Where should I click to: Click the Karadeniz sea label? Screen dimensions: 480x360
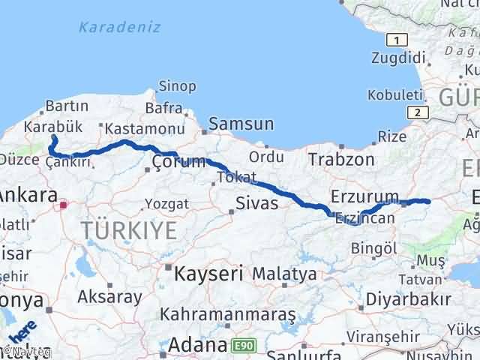point(120,28)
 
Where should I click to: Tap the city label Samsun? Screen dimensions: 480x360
point(241,124)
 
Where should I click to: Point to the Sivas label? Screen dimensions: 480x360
point(256,203)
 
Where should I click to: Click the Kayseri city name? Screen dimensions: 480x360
point(208,274)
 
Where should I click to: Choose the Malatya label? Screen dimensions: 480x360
point(284,274)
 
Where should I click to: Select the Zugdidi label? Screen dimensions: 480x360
point(398,58)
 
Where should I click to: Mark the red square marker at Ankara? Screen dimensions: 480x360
point(64,204)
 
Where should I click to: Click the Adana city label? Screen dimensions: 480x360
point(197,346)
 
